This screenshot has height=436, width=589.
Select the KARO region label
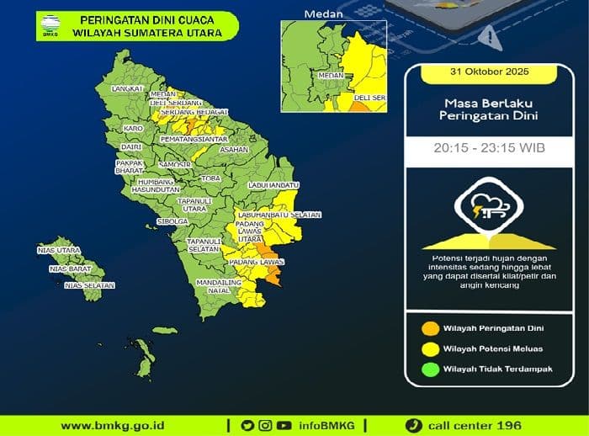pos(132,128)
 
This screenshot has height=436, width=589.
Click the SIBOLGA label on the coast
pos(172,221)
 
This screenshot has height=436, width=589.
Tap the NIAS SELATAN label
pos(89,285)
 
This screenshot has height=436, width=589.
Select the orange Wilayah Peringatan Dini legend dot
pos(429,328)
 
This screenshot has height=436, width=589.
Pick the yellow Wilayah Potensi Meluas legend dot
pos(429,348)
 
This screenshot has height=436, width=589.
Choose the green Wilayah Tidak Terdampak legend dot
pos(429,370)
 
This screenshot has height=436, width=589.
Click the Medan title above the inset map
pos(319,13)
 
